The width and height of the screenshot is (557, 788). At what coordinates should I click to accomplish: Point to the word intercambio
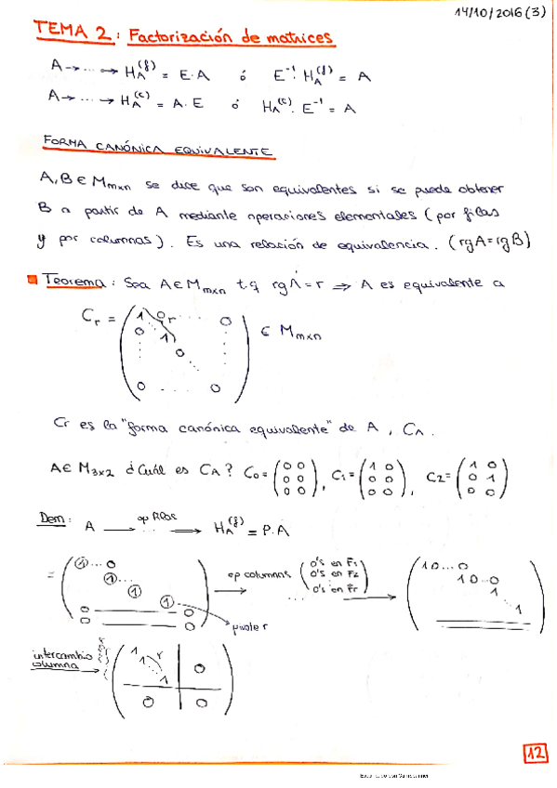pos(61,655)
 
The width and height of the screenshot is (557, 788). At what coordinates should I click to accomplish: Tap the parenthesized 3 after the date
pos(537,13)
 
